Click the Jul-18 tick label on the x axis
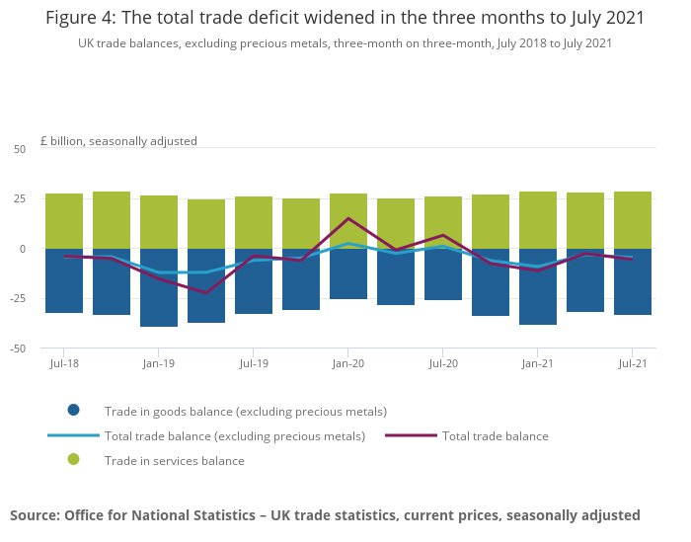tap(64, 364)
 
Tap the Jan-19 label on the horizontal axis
tap(159, 364)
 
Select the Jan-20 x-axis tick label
tap(348, 364)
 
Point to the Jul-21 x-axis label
tap(632, 364)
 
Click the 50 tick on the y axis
tap(20, 149)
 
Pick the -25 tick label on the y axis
tap(18, 298)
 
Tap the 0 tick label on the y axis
tap(23, 249)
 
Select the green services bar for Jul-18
tap(64, 221)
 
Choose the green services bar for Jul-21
tap(633, 220)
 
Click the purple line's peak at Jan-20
tap(348, 218)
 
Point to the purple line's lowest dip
tap(206, 292)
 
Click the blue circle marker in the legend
tap(73, 411)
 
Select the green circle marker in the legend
tap(73, 460)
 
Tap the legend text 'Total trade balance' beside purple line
tap(495, 435)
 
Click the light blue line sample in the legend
tap(73, 435)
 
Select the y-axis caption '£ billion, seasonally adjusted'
tap(118, 141)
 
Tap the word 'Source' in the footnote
tap(34, 514)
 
